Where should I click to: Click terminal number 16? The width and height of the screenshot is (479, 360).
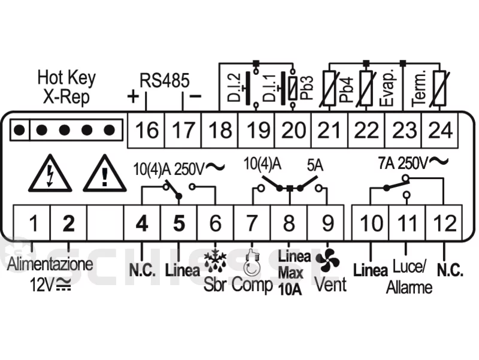147,130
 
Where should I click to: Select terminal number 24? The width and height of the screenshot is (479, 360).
440,130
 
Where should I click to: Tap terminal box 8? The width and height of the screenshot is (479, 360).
289,223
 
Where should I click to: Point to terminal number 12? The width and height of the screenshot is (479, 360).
444,223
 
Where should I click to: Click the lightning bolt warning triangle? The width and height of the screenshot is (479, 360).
50,174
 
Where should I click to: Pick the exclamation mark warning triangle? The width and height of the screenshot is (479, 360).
105,174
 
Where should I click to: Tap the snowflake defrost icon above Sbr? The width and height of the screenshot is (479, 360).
216,262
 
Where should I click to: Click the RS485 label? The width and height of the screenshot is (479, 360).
164,81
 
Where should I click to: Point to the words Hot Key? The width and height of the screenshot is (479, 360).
66,78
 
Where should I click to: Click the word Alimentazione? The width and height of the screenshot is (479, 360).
50,264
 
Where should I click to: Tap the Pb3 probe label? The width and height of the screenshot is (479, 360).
307,88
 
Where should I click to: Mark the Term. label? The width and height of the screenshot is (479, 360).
419,89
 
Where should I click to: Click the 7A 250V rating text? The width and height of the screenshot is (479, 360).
413,163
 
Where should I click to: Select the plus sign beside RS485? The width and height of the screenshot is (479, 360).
133,97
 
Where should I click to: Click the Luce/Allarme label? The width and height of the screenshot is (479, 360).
410,277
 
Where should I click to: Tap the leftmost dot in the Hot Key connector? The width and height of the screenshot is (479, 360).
20,130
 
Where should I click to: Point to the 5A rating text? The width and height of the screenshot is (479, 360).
315,166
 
